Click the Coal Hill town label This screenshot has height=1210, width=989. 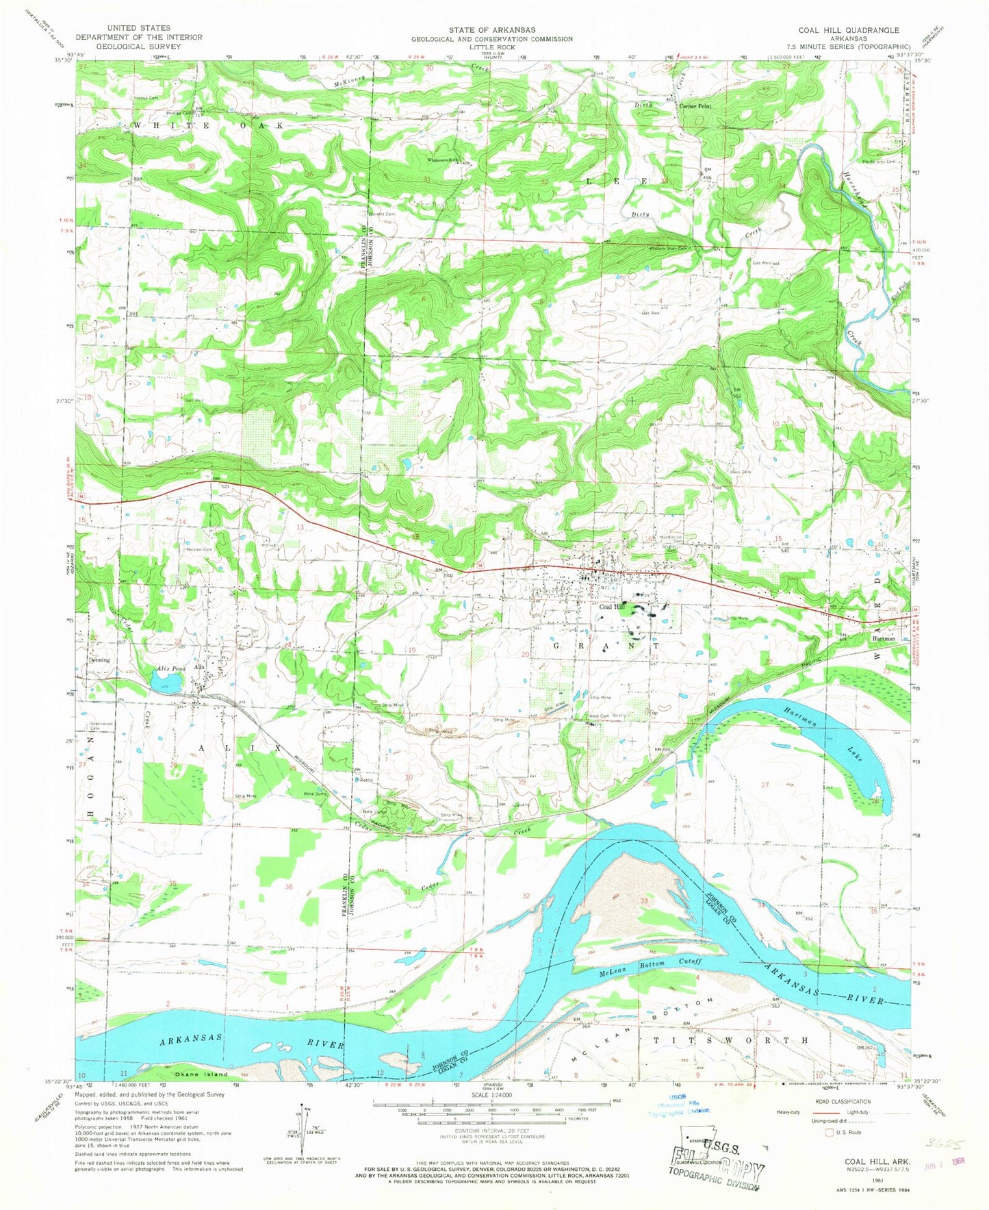point(612,607)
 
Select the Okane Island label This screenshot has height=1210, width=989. point(201,1074)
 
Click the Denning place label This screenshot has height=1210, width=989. point(99,661)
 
